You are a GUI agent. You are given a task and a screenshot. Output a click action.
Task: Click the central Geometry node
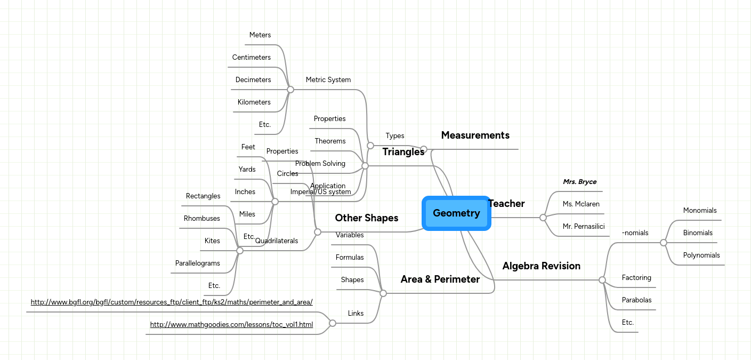click(x=456, y=213)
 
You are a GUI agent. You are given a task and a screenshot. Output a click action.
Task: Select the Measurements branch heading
click(x=475, y=135)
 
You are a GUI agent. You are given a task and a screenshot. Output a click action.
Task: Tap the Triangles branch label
click(x=403, y=152)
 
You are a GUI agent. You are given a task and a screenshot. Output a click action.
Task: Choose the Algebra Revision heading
click(x=541, y=266)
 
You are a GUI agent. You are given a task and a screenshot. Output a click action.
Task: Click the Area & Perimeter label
click(x=440, y=279)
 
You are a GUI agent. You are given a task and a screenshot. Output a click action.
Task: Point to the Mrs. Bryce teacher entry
click(x=579, y=182)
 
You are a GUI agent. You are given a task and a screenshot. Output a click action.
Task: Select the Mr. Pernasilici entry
click(x=584, y=227)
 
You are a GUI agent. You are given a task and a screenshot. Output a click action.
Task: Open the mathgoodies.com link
click(x=231, y=324)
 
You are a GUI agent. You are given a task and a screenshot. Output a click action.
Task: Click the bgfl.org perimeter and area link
click(x=171, y=302)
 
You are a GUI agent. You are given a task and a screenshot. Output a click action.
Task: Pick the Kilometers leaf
click(x=254, y=102)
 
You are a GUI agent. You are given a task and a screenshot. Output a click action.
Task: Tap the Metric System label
click(x=328, y=80)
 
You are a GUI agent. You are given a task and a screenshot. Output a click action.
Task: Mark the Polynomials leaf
click(x=701, y=255)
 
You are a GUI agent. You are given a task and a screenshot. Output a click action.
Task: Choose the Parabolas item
click(x=636, y=300)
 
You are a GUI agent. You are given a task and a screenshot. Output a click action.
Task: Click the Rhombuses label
click(x=201, y=219)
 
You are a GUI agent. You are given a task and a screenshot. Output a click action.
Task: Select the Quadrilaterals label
click(x=277, y=241)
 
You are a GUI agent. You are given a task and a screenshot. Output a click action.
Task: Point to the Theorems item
click(x=330, y=141)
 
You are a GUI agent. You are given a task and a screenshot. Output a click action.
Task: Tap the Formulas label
click(x=350, y=258)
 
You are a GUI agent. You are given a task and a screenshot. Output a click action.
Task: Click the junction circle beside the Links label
click(x=333, y=323)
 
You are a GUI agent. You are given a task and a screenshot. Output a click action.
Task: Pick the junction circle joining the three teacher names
click(x=543, y=218)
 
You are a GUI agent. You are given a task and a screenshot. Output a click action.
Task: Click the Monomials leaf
click(x=700, y=211)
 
